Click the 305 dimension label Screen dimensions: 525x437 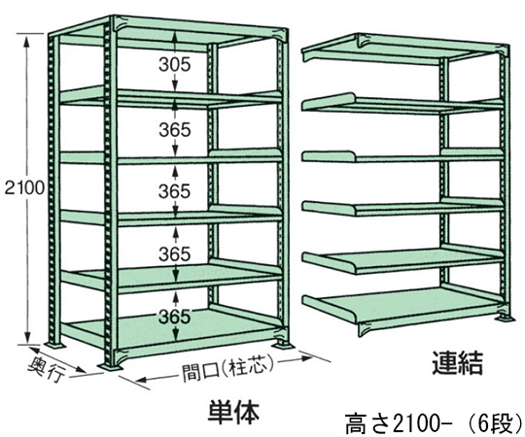tap(174, 64)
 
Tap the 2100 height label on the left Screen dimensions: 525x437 tap(24, 188)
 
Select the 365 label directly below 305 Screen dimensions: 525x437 tap(174, 130)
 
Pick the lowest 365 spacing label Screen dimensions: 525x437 tap(174, 317)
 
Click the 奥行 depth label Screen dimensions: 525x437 tap(47, 369)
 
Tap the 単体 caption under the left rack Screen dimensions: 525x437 tap(233, 412)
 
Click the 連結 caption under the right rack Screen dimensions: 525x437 tap(457, 363)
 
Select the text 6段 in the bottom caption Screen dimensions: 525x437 tap(498, 425)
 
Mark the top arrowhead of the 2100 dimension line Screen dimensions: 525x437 tap(29, 39)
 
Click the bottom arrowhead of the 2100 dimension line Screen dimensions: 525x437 tap(29, 338)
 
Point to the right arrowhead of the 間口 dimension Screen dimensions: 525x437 tap(307, 357)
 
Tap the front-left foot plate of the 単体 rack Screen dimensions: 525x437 tap(111, 366)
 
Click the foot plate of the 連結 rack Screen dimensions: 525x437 tap(503, 317)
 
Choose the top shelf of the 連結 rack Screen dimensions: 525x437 tap(402, 50)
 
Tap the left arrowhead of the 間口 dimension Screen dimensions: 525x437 tap(141, 380)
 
